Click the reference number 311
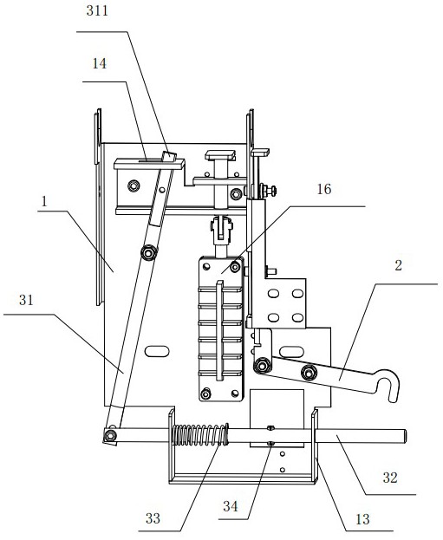[97, 11]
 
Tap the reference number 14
[99, 64]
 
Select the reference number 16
[324, 189]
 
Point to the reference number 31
[26, 300]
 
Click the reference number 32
[390, 478]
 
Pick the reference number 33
[153, 518]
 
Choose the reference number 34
[231, 506]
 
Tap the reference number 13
[362, 519]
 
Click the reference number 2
[398, 265]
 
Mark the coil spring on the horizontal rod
[199, 434]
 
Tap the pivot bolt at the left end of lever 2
[262, 366]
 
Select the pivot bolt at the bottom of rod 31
[110, 436]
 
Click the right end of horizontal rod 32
[405, 436]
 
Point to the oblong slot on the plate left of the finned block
[157, 351]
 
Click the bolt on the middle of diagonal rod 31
[149, 253]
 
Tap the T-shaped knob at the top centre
[220, 155]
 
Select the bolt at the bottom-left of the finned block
[205, 394]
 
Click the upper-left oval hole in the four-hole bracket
[274, 294]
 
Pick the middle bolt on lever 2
[309, 373]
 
